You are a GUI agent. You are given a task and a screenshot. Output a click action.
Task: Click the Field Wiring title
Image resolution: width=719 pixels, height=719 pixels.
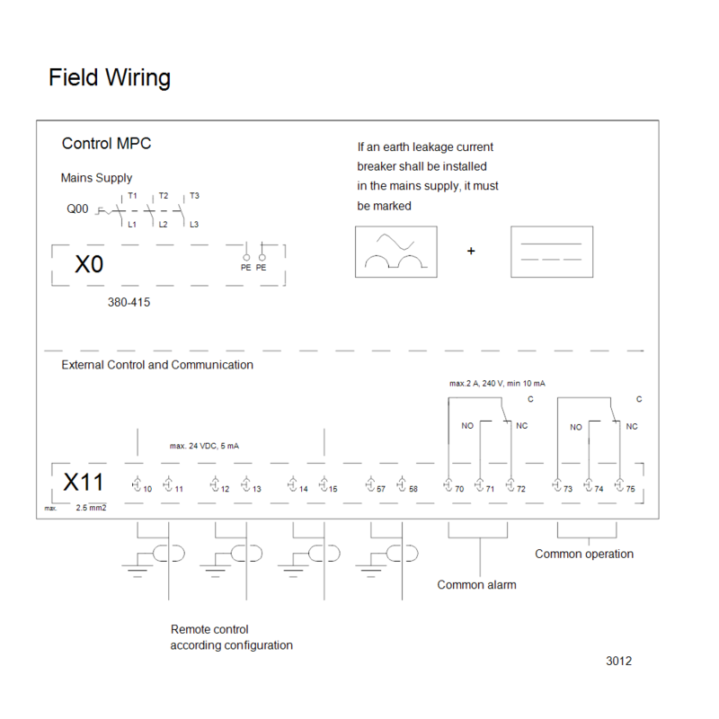(x=110, y=77)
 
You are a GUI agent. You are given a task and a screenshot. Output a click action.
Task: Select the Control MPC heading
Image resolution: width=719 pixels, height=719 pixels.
(x=106, y=144)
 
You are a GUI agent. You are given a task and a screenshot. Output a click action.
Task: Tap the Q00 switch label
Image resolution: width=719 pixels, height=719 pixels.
(x=77, y=209)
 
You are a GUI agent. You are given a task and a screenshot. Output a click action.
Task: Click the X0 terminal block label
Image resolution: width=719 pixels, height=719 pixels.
(x=89, y=264)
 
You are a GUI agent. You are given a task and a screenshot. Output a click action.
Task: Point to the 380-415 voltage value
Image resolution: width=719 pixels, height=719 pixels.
(x=129, y=302)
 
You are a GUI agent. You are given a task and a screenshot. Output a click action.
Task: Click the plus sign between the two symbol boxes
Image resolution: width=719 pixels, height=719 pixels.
(x=471, y=251)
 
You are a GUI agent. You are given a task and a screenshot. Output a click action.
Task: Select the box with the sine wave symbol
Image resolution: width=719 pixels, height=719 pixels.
(x=396, y=252)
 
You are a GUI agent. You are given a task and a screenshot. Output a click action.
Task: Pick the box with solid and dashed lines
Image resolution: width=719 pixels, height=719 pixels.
(x=552, y=252)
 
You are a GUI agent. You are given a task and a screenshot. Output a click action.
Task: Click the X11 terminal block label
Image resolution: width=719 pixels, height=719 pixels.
(x=83, y=483)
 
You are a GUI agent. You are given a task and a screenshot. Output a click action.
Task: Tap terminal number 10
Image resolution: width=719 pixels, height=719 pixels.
(x=147, y=489)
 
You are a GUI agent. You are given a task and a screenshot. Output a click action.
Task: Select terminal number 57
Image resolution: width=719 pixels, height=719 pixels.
(x=380, y=489)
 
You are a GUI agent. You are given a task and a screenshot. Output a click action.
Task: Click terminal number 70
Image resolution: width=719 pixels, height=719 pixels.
(x=459, y=489)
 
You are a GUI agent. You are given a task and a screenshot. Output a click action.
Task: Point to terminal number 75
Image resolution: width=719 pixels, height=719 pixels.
(x=631, y=489)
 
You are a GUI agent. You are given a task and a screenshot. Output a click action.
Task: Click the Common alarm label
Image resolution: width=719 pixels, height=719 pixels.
(x=476, y=585)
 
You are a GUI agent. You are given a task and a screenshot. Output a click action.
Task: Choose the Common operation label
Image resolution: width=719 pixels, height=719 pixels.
(x=584, y=554)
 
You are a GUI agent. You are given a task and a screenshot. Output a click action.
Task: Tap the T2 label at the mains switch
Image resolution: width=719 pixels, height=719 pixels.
(x=164, y=196)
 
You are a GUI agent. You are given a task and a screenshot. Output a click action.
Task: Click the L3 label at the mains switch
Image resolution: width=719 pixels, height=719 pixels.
(x=194, y=225)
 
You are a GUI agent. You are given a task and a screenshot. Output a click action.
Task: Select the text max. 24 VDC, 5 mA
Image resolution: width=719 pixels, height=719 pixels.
(x=204, y=446)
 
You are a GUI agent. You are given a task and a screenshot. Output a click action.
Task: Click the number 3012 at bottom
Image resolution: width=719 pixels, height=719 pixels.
(x=618, y=661)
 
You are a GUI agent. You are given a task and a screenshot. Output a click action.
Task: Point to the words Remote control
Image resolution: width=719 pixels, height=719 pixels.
(x=209, y=629)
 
